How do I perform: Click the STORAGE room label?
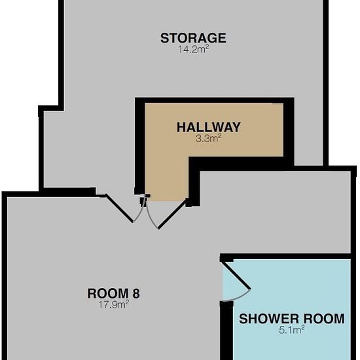[193, 38]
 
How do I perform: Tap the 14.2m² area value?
[194, 49]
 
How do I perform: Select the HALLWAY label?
[208, 127]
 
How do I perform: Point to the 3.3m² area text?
[208, 139]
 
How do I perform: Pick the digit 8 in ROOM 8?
[135, 293]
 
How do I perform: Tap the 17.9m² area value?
[114, 304]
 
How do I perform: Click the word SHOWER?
[269, 319]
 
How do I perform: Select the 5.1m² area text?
[291, 330]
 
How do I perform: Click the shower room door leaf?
[236, 276]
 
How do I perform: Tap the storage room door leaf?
[119, 208]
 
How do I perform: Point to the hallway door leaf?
[173, 214]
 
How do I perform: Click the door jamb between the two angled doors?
[143, 200]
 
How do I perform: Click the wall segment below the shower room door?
[226, 331]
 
